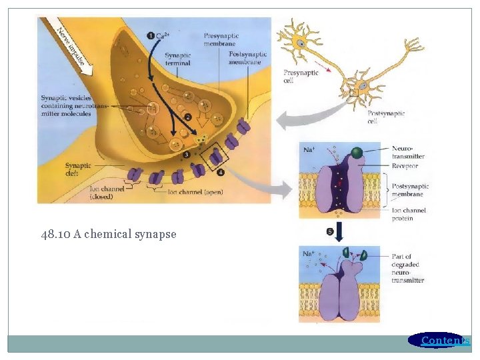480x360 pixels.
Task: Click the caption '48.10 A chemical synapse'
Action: click(x=108, y=234)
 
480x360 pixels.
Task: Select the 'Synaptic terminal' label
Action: click(x=178, y=59)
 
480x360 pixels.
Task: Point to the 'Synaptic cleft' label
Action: click(x=79, y=169)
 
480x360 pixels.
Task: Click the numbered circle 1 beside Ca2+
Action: click(x=151, y=35)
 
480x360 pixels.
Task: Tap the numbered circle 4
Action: click(x=221, y=172)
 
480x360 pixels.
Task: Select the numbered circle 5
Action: click(x=331, y=231)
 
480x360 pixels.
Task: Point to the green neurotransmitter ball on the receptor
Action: click(x=357, y=153)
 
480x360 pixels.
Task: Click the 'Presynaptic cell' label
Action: click(x=301, y=77)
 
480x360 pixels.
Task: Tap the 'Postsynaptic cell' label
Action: click(x=386, y=117)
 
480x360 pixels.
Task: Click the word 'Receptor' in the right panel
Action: click(x=406, y=165)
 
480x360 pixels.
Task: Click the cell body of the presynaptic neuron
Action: click(x=301, y=43)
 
